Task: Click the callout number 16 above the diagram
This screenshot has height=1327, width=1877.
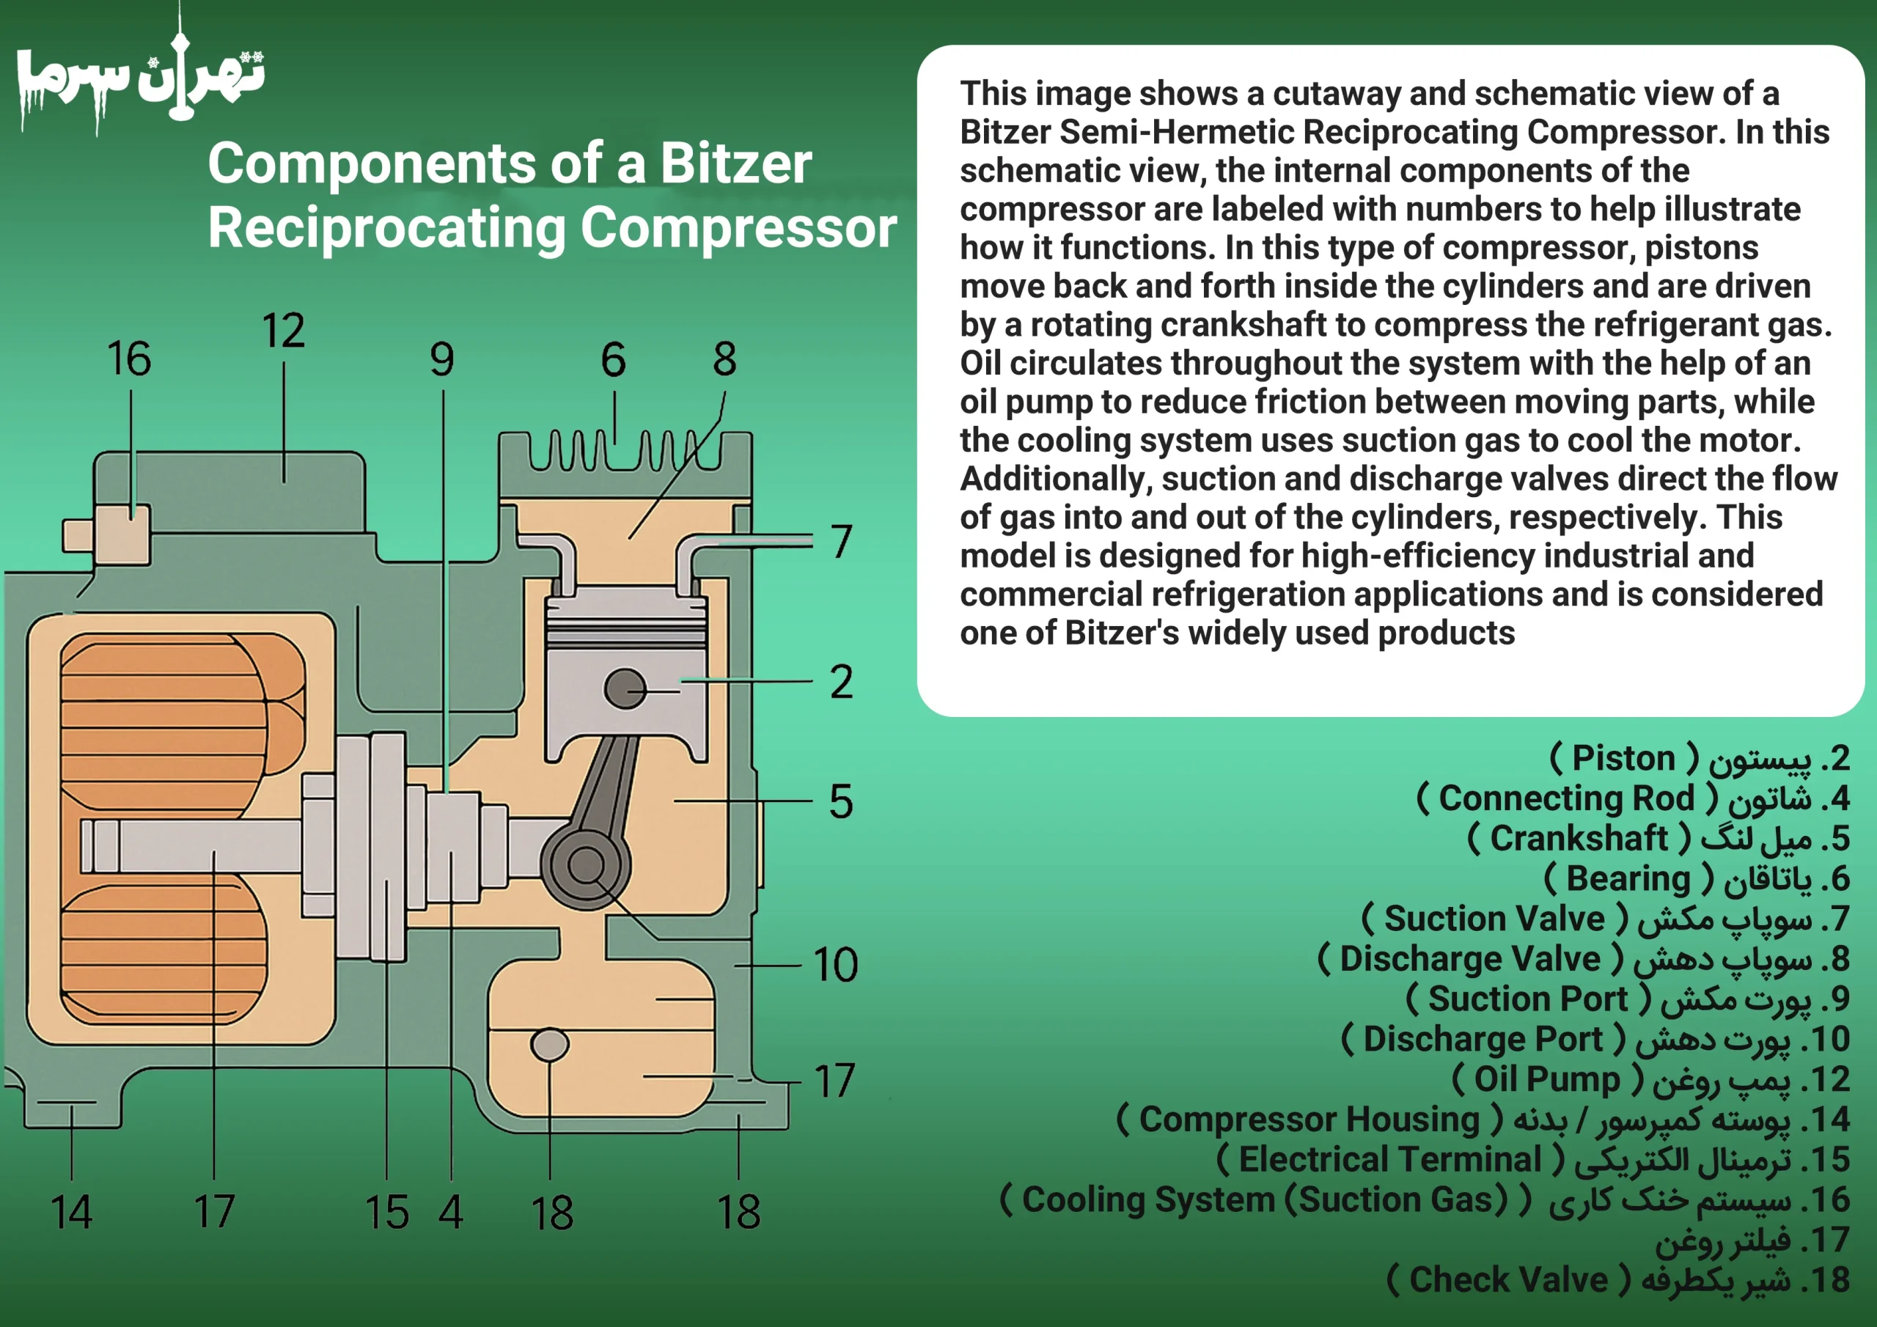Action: pos(129,359)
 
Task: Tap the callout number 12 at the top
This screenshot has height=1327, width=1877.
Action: pos(284,331)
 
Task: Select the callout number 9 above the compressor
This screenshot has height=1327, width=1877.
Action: pos(442,360)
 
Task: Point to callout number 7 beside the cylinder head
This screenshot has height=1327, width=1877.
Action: pos(841,541)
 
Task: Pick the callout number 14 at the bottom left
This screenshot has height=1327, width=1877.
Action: pos(71,1213)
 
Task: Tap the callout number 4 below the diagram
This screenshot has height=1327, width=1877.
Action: pos(450,1213)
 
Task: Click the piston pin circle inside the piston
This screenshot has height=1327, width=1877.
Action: pos(625,688)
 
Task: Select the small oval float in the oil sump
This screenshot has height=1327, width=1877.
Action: pos(549,1044)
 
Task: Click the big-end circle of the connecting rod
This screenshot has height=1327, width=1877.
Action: pos(586,865)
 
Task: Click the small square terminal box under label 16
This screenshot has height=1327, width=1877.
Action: pos(122,535)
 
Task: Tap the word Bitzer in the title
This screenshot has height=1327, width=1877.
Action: pos(735,163)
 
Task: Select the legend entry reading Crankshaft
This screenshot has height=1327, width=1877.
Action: pos(1659,839)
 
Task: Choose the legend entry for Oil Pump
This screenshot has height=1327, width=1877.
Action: pos(1651,1080)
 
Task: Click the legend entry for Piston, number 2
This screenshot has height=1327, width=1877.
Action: pos(1700,759)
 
